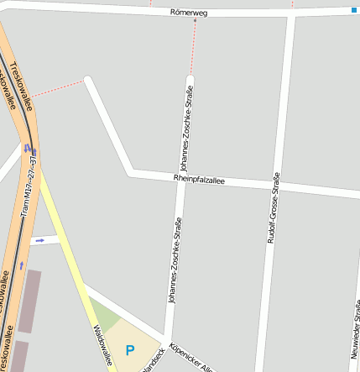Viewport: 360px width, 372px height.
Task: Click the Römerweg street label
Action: click(188, 13)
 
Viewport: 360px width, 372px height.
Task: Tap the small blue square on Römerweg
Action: click(354, 10)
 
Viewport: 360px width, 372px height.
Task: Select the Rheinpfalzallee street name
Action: click(199, 178)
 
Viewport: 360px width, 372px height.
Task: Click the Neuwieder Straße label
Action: click(356, 332)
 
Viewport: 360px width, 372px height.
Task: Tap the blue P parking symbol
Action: click(129, 349)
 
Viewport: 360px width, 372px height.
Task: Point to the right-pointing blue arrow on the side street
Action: click(39, 240)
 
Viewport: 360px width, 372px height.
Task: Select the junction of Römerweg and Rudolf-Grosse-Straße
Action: click(290, 14)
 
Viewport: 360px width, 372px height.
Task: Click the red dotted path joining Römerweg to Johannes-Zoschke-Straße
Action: click(195, 46)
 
